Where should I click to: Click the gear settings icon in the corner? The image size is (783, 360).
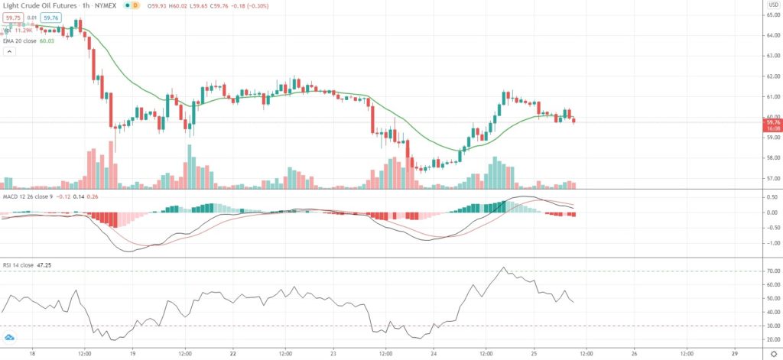[x=773, y=354]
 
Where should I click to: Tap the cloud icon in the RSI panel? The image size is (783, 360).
[x=10, y=337]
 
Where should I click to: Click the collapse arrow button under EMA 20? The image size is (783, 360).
[x=10, y=52]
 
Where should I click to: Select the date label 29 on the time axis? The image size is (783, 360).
[x=734, y=354]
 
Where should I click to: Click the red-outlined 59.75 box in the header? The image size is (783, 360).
[x=14, y=18]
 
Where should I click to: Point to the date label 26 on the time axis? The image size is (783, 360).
[x=634, y=354]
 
